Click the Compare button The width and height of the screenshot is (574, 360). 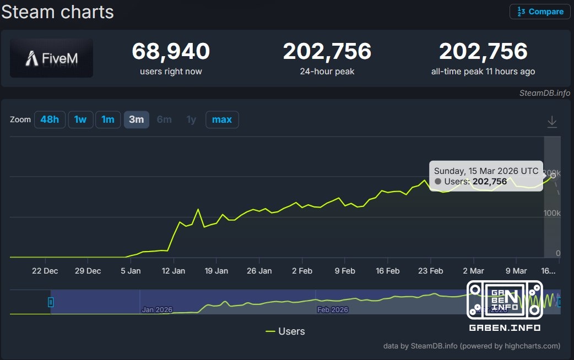[x=540, y=12]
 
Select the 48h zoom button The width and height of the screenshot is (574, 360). [x=50, y=119]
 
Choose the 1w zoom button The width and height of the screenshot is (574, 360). [x=80, y=119]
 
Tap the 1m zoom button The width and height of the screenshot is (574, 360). [x=108, y=119]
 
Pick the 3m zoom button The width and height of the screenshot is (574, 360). [x=136, y=119]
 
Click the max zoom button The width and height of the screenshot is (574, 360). [x=222, y=119]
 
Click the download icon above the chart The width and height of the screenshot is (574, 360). [x=552, y=122]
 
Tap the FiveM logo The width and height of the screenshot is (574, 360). [x=51, y=58]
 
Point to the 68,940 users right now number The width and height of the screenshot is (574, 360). [x=171, y=52]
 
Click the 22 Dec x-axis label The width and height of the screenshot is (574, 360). [x=45, y=271]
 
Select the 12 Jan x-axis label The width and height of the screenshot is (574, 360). [x=174, y=271]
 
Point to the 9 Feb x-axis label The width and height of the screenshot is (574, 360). [x=345, y=271]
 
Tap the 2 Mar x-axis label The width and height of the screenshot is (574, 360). [x=473, y=271]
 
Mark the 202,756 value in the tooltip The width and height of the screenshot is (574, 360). [x=490, y=181]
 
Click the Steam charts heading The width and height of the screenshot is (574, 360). [x=57, y=12]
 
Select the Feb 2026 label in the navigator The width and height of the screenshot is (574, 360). [x=333, y=310]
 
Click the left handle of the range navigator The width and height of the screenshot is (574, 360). [x=51, y=302]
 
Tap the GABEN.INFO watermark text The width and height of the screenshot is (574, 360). [x=505, y=328]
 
